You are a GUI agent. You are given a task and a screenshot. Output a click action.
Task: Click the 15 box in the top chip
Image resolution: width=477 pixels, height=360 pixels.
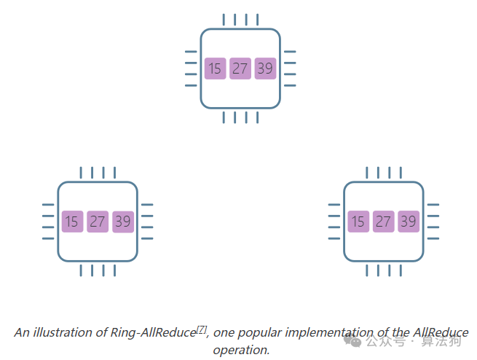pos(215,69)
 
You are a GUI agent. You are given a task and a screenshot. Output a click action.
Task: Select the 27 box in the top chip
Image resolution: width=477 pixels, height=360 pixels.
pos(240,69)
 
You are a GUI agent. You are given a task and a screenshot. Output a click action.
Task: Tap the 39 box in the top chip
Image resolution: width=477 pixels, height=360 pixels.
pos(265,69)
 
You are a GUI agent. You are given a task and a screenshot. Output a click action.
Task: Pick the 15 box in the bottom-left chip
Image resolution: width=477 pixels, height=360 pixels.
pos(71,222)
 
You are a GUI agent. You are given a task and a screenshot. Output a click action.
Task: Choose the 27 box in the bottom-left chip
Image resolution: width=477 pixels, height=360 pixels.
pos(98,222)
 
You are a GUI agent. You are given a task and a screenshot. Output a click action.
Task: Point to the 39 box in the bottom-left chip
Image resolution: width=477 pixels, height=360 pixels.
pos(123,222)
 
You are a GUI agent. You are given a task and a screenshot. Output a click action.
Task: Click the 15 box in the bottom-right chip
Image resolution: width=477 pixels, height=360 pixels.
pos(358,222)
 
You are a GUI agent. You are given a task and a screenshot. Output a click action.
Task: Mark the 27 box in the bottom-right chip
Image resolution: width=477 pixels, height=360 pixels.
pos(383,222)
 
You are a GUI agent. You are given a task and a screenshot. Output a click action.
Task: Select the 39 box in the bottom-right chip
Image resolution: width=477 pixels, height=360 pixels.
pos(409,222)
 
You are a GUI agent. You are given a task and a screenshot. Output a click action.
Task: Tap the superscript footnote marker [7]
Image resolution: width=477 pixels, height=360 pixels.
pos(202,329)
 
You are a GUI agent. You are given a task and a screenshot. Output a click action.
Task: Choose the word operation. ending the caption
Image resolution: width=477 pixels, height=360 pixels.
pos(241,350)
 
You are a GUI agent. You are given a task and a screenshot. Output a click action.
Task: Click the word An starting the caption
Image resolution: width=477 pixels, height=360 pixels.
pos(21,332)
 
